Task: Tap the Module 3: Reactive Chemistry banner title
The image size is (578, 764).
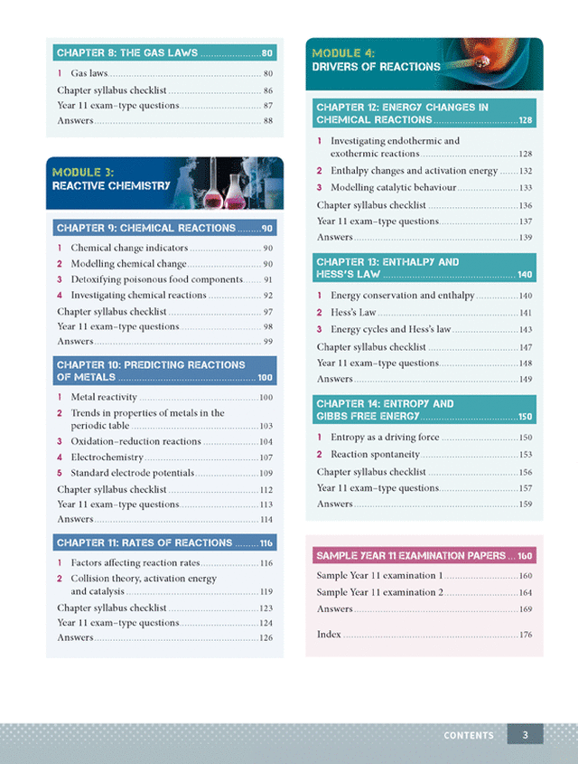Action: click(x=110, y=178)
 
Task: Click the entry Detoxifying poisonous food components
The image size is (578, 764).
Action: click(x=156, y=279)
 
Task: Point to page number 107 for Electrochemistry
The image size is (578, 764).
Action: click(x=266, y=457)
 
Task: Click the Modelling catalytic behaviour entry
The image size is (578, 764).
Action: click(x=394, y=187)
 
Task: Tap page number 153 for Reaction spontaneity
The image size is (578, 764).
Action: click(x=525, y=455)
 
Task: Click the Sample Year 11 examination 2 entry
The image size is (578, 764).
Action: click(x=379, y=592)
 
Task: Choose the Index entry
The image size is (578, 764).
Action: click(x=329, y=635)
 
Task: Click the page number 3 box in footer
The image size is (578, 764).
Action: click(x=525, y=734)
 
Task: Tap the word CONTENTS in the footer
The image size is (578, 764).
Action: click(x=469, y=735)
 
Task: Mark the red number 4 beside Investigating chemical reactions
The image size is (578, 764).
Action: click(x=60, y=295)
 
